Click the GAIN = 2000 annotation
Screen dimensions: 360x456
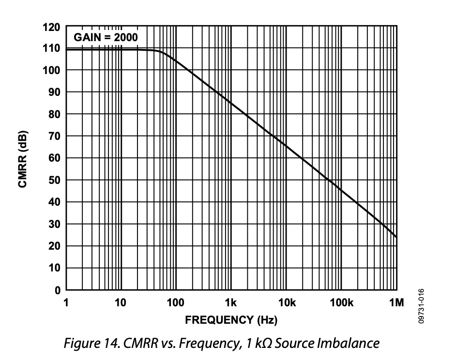(x=106, y=37)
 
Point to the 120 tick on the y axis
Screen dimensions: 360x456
(x=51, y=27)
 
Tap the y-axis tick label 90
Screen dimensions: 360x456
(x=54, y=92)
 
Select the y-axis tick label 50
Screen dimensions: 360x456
(x=54, y=180)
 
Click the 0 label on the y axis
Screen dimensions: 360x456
(x=57, y=290)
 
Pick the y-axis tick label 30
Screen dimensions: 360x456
(x=54, y=225)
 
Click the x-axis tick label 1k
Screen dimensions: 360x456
(x=231, y=303)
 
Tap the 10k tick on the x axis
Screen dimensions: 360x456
(x=287, y=303)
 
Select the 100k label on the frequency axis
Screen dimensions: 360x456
(x=341, y=303)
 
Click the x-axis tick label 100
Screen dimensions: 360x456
(x=175, y=303)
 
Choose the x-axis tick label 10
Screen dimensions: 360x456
(x=120, y=303)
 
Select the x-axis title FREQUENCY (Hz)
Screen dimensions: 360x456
(x=231, y=320)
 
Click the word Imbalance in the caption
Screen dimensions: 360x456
(x=349, y=344)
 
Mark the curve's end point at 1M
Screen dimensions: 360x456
(x=396, y=237)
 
